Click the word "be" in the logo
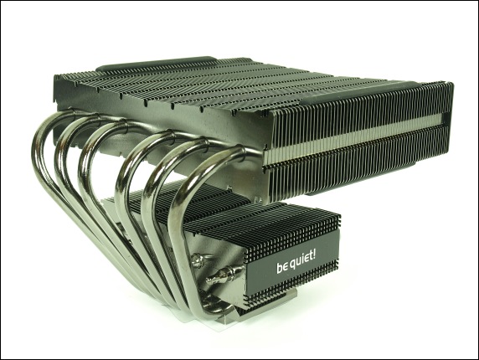282,267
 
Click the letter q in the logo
292,266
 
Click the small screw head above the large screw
198,260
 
